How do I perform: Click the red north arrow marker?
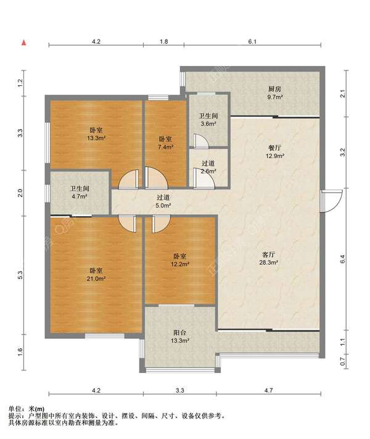pyautogui.click(x=24, y=43)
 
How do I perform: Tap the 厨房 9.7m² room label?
pyautogui.click(x=275, y=93)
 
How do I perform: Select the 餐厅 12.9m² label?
pyautogui.click(x=275, y=152)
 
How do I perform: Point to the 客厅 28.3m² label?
pyautogui.click(x=268, y=259)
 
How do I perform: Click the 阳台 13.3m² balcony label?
pyautogui.click(x=180, y=337)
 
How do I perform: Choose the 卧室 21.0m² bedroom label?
pyautogui.click(x=96, y=275)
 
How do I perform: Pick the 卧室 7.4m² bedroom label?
pyautogui.click(x=165, y=143)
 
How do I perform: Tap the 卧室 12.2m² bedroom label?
pyautogui.click(x=180, y=260)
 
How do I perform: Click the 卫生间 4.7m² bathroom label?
pyautogui.click(x=80, y=193)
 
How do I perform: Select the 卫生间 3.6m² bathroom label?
pyautogui.click(x=208, y=120)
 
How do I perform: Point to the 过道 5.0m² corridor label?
pyautogui.click(x=163, y=201)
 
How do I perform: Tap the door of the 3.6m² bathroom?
pyautogui.click(x=201, y=141)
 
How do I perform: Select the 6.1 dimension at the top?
pyautogui.click(x=252, y=42)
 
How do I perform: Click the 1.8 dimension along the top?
pyautogui.click(x=164, y=42)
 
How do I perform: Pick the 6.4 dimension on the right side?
pyautogui.click(x=343, y=259)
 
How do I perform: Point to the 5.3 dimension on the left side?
pyautogui.click(x=20, y=275)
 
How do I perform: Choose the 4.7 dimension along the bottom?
pyautogui.click(x=268, y=390)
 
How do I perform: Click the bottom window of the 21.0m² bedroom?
pyautogui.click(x=105, y=336)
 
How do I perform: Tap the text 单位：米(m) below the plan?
pyautogui.click(x=27, y=409)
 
